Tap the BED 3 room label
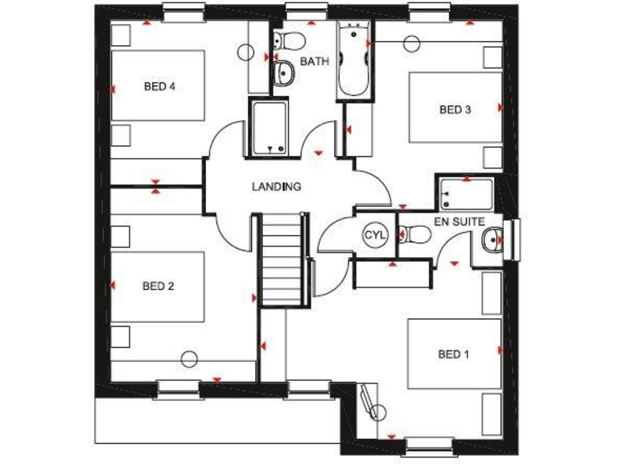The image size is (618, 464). [x=455, y=110]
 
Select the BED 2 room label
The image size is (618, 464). [x=158, y=285]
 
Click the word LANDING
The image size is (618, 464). [x=276, y=187]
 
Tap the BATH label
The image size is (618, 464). [x=315, y=62]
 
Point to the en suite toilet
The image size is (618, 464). [x=415, y=235]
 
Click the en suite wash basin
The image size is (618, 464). [x=493, y=238]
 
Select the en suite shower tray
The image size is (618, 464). [x=465, y=194]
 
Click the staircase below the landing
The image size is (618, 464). [x=282, y=258]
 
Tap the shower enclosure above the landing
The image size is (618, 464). [x=268, y=128]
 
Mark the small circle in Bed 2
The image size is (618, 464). [x=190, y=360]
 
